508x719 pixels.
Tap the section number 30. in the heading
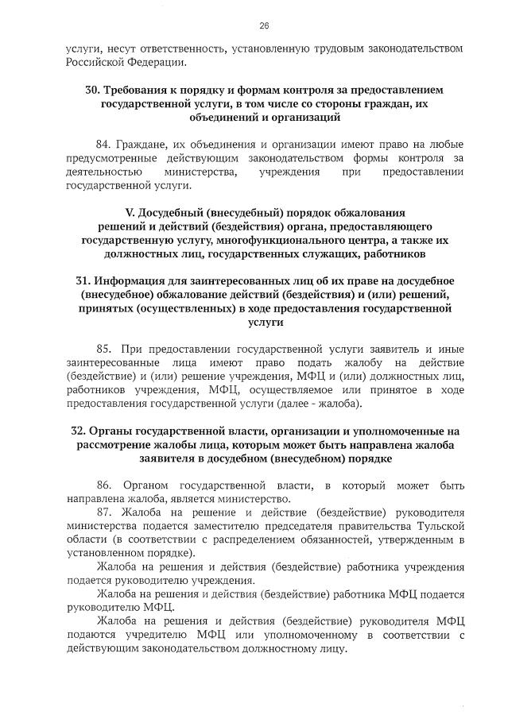[x=93, y=90]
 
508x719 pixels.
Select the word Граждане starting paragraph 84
[x=140, y=144]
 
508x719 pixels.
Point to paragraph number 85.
[x=103, y=349]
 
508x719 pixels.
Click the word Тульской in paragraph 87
[x=439, y=525]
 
